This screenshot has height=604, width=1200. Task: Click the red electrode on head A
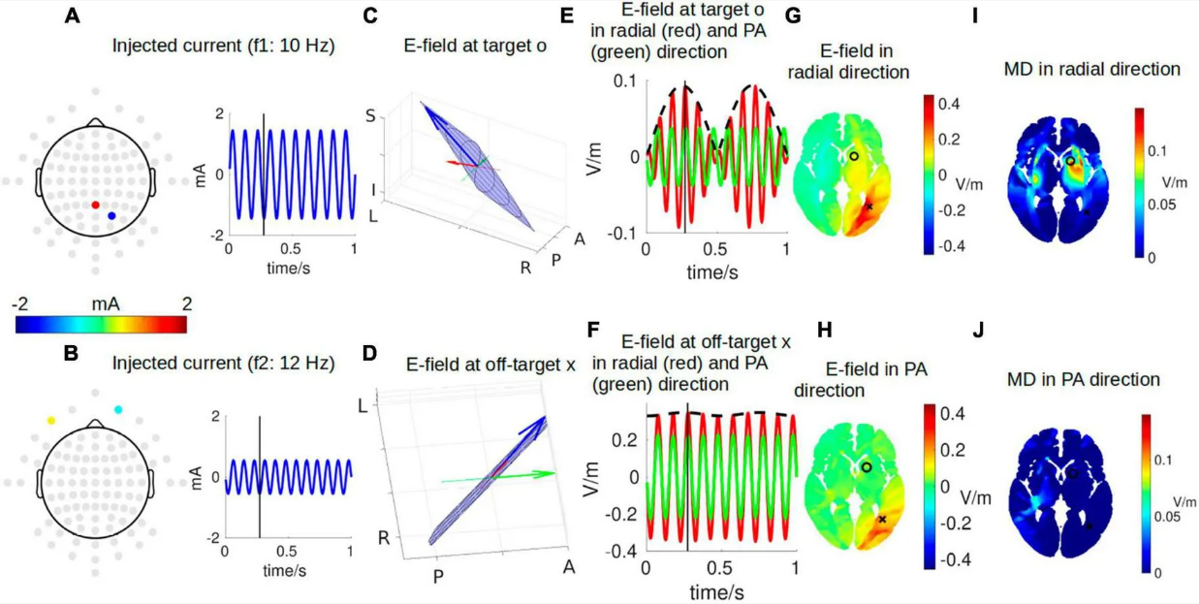tap(95, 205)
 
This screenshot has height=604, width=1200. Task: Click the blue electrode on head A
tap(111, 215)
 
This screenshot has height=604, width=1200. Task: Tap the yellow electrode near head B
tap(50, 421)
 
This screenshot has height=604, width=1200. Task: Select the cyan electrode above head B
tap(118, 411)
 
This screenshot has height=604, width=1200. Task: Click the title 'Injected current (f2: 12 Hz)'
tap(223, 365)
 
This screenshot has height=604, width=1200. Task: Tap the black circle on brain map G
tap(854, 155)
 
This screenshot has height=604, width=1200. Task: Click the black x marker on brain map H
tap(882, 519)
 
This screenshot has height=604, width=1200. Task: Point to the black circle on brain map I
tap(1070, 161)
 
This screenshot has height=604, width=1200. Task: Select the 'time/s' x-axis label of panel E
tap(712, 272)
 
